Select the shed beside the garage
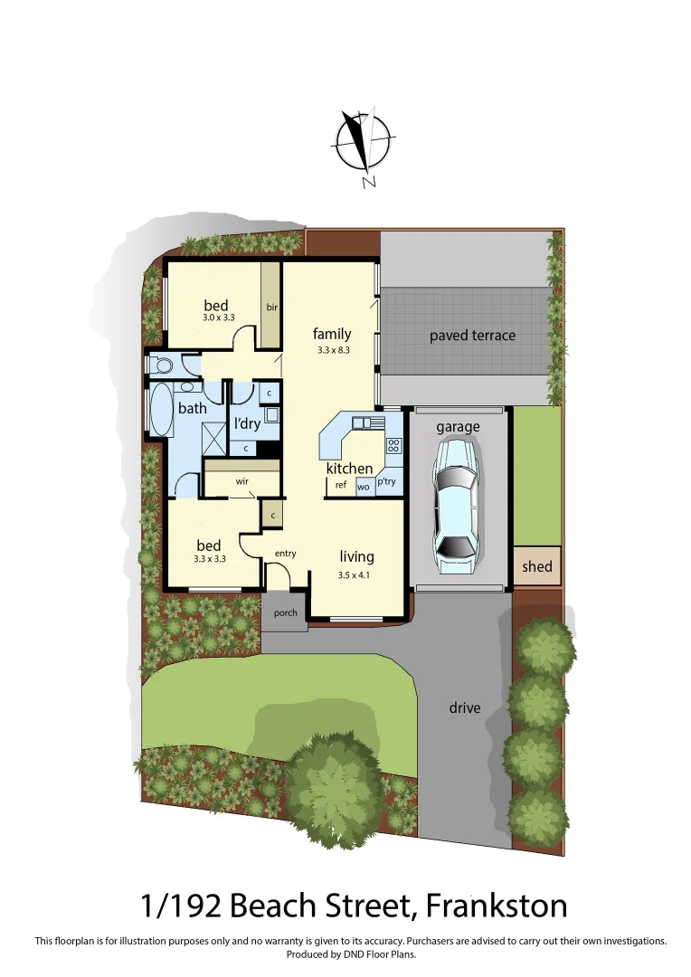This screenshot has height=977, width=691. (x=536, y=567)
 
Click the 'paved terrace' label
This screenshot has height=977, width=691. (x=472, y=336)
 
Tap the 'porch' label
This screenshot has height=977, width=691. (x=285, y=612)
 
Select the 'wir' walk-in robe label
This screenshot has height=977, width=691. (x=242, y=481)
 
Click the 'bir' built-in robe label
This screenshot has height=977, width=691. (x=271, y=308)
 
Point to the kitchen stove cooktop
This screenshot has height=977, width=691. (x=393, y=445)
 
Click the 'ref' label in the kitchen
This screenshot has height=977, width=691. (x=341, y=485)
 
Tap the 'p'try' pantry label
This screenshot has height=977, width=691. (x=386, y=482)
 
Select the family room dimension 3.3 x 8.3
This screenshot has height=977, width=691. (x=333, y=349)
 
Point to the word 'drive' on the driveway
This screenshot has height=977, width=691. (x=465, y=707)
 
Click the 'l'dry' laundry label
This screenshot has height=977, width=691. (x=247, y=423)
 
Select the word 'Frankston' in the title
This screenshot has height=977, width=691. (x=497, y=905)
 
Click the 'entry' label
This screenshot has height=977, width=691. (x=285, y=554)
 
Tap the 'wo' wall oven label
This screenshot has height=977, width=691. (x=364, y=487)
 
